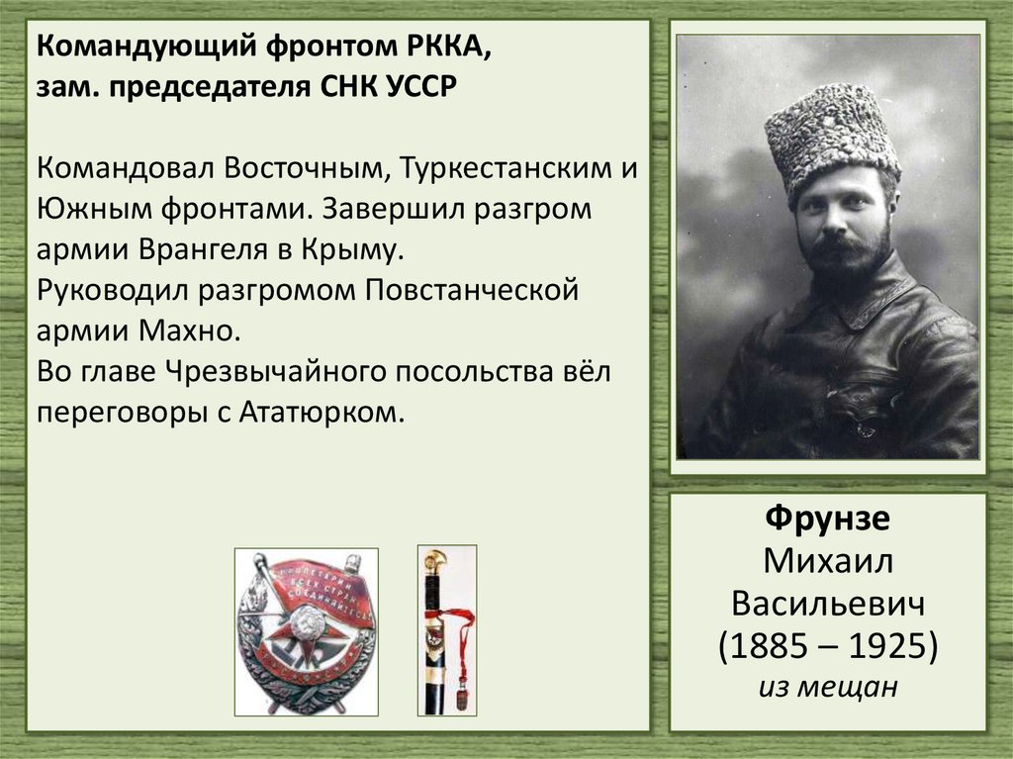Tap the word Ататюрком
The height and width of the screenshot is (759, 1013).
(322, 411)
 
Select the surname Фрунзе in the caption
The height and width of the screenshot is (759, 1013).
(827, 522)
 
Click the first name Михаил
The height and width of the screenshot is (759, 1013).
(827, 563)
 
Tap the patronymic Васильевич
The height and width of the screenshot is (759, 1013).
(827, 604)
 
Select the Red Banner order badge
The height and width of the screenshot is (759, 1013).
(307, 631)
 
